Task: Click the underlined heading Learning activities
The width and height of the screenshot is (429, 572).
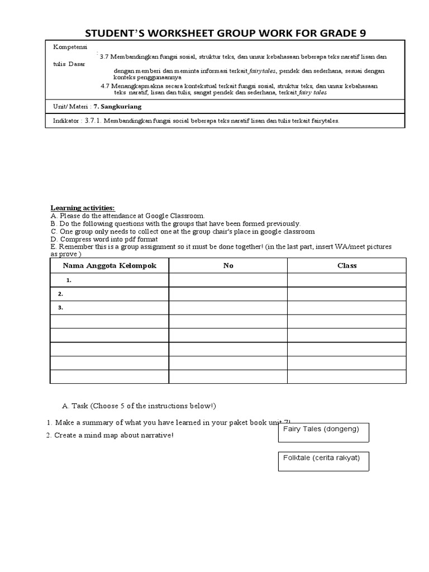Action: [83, 208]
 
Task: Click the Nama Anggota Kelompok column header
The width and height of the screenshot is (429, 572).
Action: [109, 265]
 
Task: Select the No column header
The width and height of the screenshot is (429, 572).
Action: [228, 265]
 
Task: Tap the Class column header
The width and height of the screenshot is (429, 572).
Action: [347, 265]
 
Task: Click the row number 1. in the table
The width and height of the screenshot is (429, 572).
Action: [68, 280]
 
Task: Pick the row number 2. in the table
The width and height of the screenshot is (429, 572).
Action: [60, 293]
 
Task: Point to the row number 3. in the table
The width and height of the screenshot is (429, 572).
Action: [60, 307]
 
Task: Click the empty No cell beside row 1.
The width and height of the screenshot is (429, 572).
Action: [228, 280]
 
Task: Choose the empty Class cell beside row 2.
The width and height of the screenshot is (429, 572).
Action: [347, 293]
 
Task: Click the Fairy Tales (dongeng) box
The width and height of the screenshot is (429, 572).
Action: [323, 433]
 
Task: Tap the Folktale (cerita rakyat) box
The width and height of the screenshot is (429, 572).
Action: [323, 461]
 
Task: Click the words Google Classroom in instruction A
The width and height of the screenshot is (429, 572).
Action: [176, 216]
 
